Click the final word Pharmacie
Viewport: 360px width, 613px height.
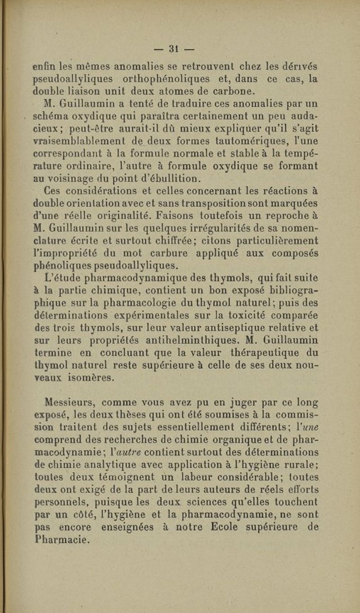[x=61, y=536]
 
